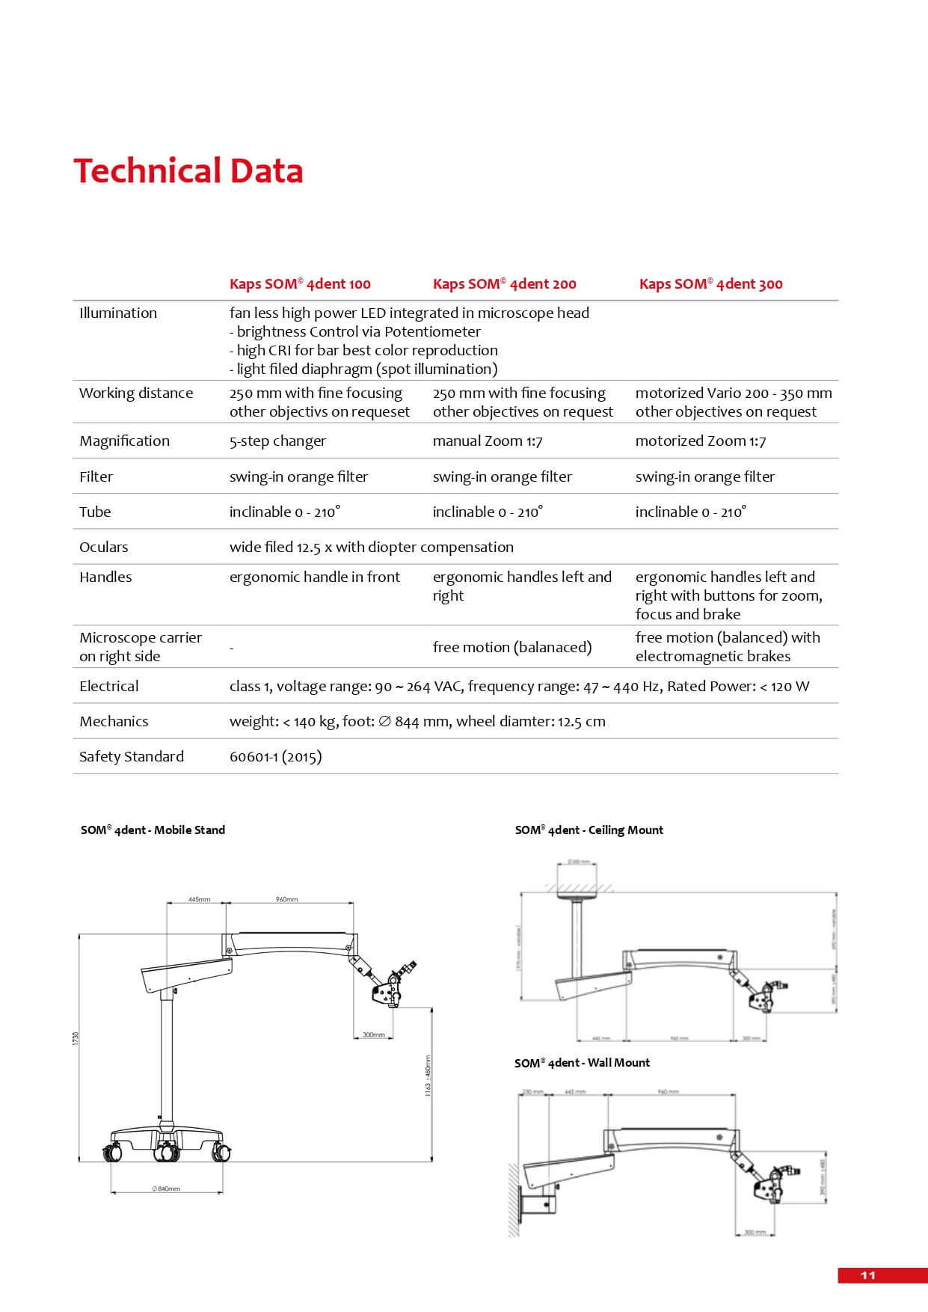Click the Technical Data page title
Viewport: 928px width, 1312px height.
(x=188, y=171)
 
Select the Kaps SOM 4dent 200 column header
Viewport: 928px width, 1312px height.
(x=504, y=284)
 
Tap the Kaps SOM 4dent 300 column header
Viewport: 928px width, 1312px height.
(x=710, y=284)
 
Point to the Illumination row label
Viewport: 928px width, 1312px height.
(x=118, y=313)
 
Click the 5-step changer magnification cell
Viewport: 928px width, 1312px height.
(x=277, y=441)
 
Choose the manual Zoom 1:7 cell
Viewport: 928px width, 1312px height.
(x=488, y=441)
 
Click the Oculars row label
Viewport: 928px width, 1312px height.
(x=104, y=548)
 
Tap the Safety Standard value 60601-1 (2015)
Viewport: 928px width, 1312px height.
(x=275, y=757)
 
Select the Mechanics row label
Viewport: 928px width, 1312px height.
(x=114, y=722)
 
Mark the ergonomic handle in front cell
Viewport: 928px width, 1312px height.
(x=314, y=577)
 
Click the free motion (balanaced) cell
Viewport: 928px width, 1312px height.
(x=511, y=647)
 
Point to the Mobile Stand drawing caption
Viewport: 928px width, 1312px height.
(x=153, y=830)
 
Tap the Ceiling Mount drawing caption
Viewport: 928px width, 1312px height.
(x=589, y=830)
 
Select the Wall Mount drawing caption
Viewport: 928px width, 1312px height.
(x=582, y=1063)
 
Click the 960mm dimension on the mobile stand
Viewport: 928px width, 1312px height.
(x=286, y=900)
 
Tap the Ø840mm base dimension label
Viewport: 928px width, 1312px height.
(x=166, y=1189)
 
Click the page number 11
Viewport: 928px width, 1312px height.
(x=867, y=1275)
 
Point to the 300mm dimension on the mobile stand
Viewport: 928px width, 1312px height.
(x=373, y=1035)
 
